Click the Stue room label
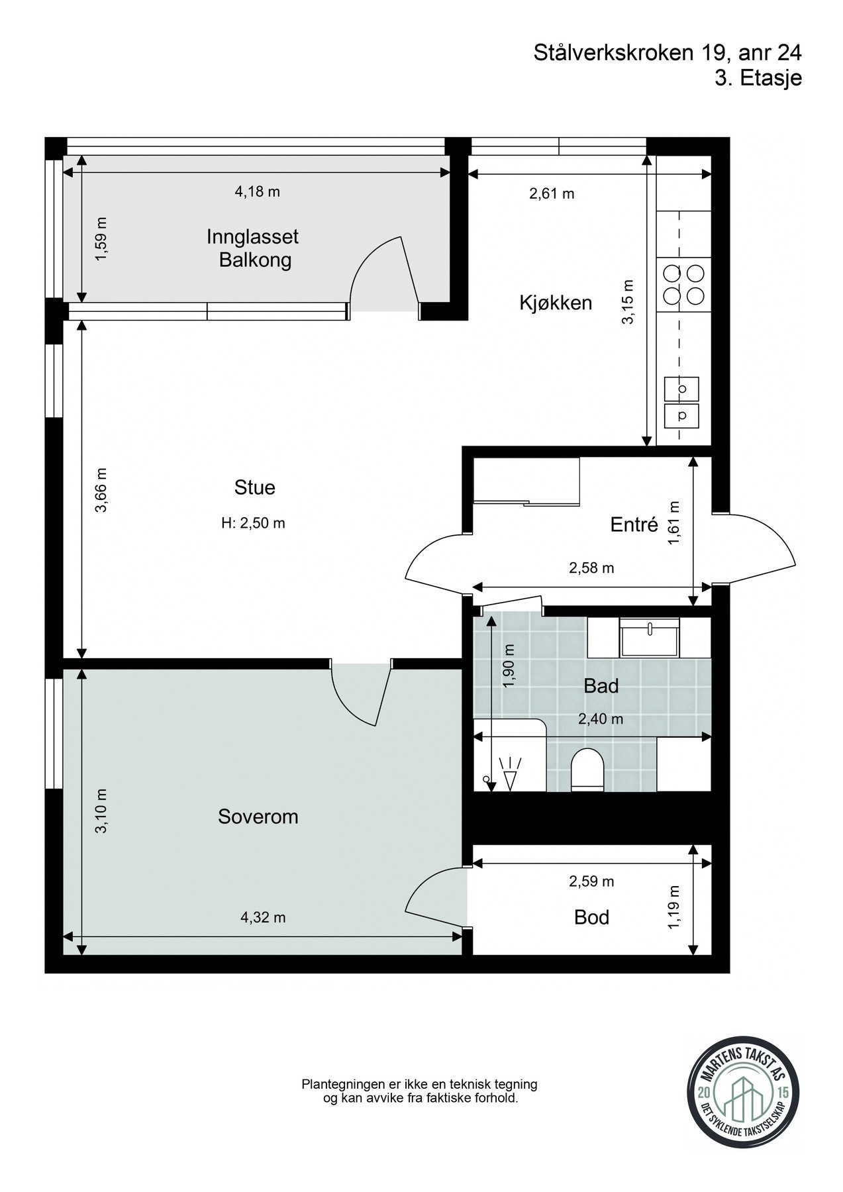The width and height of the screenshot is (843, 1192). pos(255,487)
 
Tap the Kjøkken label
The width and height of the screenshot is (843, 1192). pos(555,303)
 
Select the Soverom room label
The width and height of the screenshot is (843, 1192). pos(258,817)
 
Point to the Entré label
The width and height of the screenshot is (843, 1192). pos(634,524)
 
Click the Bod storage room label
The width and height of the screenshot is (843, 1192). pos(591,917)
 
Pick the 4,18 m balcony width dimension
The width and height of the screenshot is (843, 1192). pos(258,192)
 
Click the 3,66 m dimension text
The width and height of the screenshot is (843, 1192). pos(101,490)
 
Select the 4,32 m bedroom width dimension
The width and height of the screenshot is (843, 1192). pos(263,917)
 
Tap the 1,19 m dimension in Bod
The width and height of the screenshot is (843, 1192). pos(674,907)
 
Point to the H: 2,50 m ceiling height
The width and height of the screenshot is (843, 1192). pos(253,523)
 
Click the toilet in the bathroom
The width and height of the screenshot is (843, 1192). pos(587,770)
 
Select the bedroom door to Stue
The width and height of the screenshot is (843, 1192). pos(361,695)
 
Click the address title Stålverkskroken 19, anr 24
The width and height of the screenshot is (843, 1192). pos(668,53)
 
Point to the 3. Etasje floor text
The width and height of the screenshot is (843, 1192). pos(758,77)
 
